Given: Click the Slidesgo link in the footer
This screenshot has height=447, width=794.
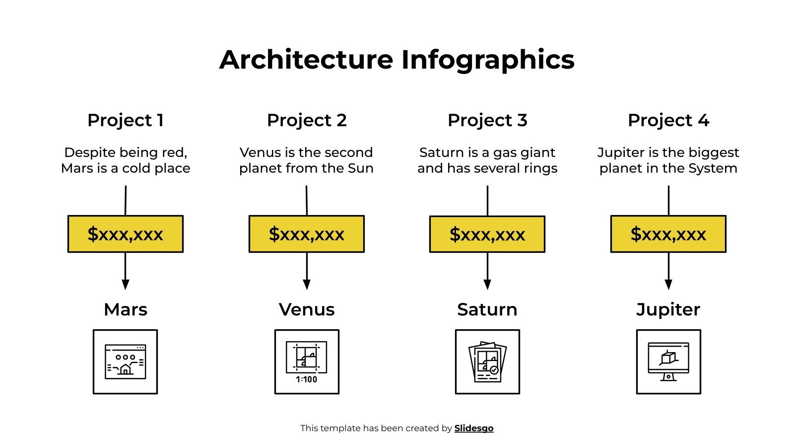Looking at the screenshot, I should point(473,428).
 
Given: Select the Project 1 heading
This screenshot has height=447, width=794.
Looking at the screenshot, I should point(126,120).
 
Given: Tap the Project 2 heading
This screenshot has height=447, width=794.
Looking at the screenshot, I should point(307,120).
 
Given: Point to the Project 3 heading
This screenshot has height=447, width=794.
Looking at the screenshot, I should point(487,120).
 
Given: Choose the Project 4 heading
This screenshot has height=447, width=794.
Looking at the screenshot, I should point(668,120).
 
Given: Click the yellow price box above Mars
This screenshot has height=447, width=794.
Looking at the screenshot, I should point(126,234).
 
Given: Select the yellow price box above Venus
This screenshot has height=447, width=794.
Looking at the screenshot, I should point(307,234).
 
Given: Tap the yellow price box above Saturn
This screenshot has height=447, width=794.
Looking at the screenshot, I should point(487,234).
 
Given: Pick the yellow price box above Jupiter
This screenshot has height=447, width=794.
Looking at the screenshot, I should point(668,234).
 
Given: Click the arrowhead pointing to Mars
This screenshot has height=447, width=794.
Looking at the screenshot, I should point(126,284).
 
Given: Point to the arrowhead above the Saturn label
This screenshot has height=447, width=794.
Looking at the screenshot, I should point(487,284).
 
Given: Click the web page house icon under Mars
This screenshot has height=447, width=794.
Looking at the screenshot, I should point(126,362).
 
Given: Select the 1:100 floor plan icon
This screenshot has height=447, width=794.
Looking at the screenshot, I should point(307,362).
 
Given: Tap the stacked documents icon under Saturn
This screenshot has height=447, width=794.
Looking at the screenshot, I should point(487,362).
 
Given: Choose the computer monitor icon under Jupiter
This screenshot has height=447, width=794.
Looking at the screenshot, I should point(668,362).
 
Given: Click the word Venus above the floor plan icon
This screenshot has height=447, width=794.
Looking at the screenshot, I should point(307,309).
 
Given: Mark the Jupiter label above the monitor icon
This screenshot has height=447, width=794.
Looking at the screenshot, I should point(668,309).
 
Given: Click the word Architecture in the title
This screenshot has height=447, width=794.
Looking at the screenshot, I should point(306,60).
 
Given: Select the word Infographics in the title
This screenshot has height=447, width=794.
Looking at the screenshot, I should point(488,60).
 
